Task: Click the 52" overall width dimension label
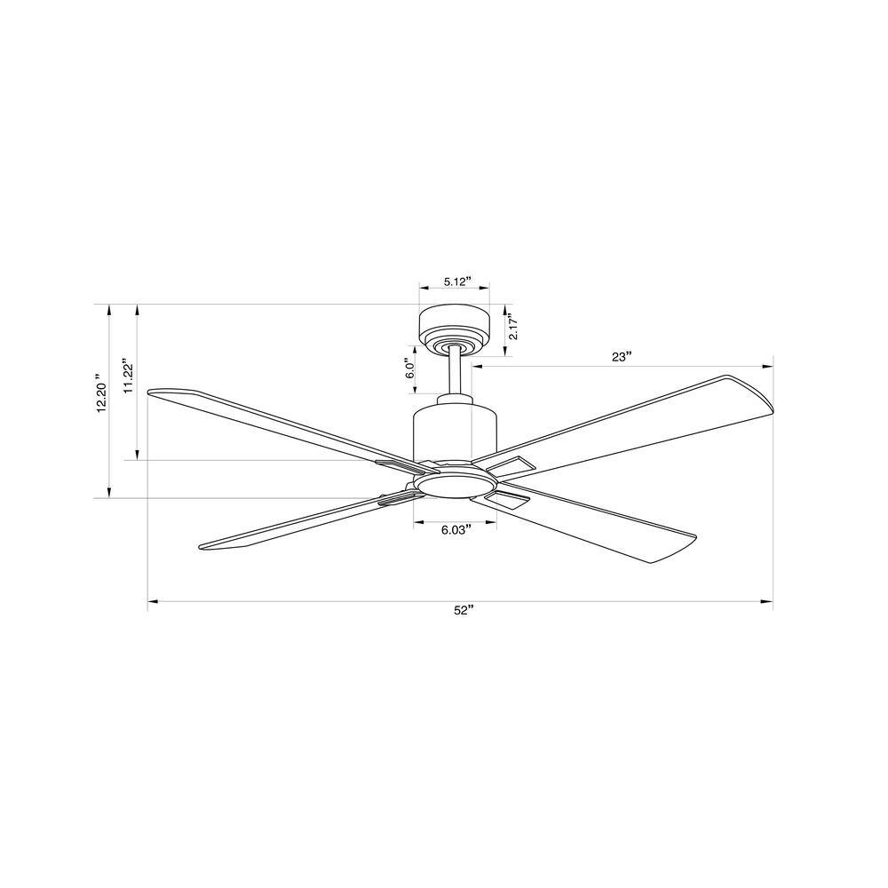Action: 463,610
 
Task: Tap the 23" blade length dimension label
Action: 622,357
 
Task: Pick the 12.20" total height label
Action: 101,393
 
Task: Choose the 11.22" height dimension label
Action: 129,375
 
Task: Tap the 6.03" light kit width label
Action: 456,531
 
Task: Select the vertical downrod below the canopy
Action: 454,374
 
